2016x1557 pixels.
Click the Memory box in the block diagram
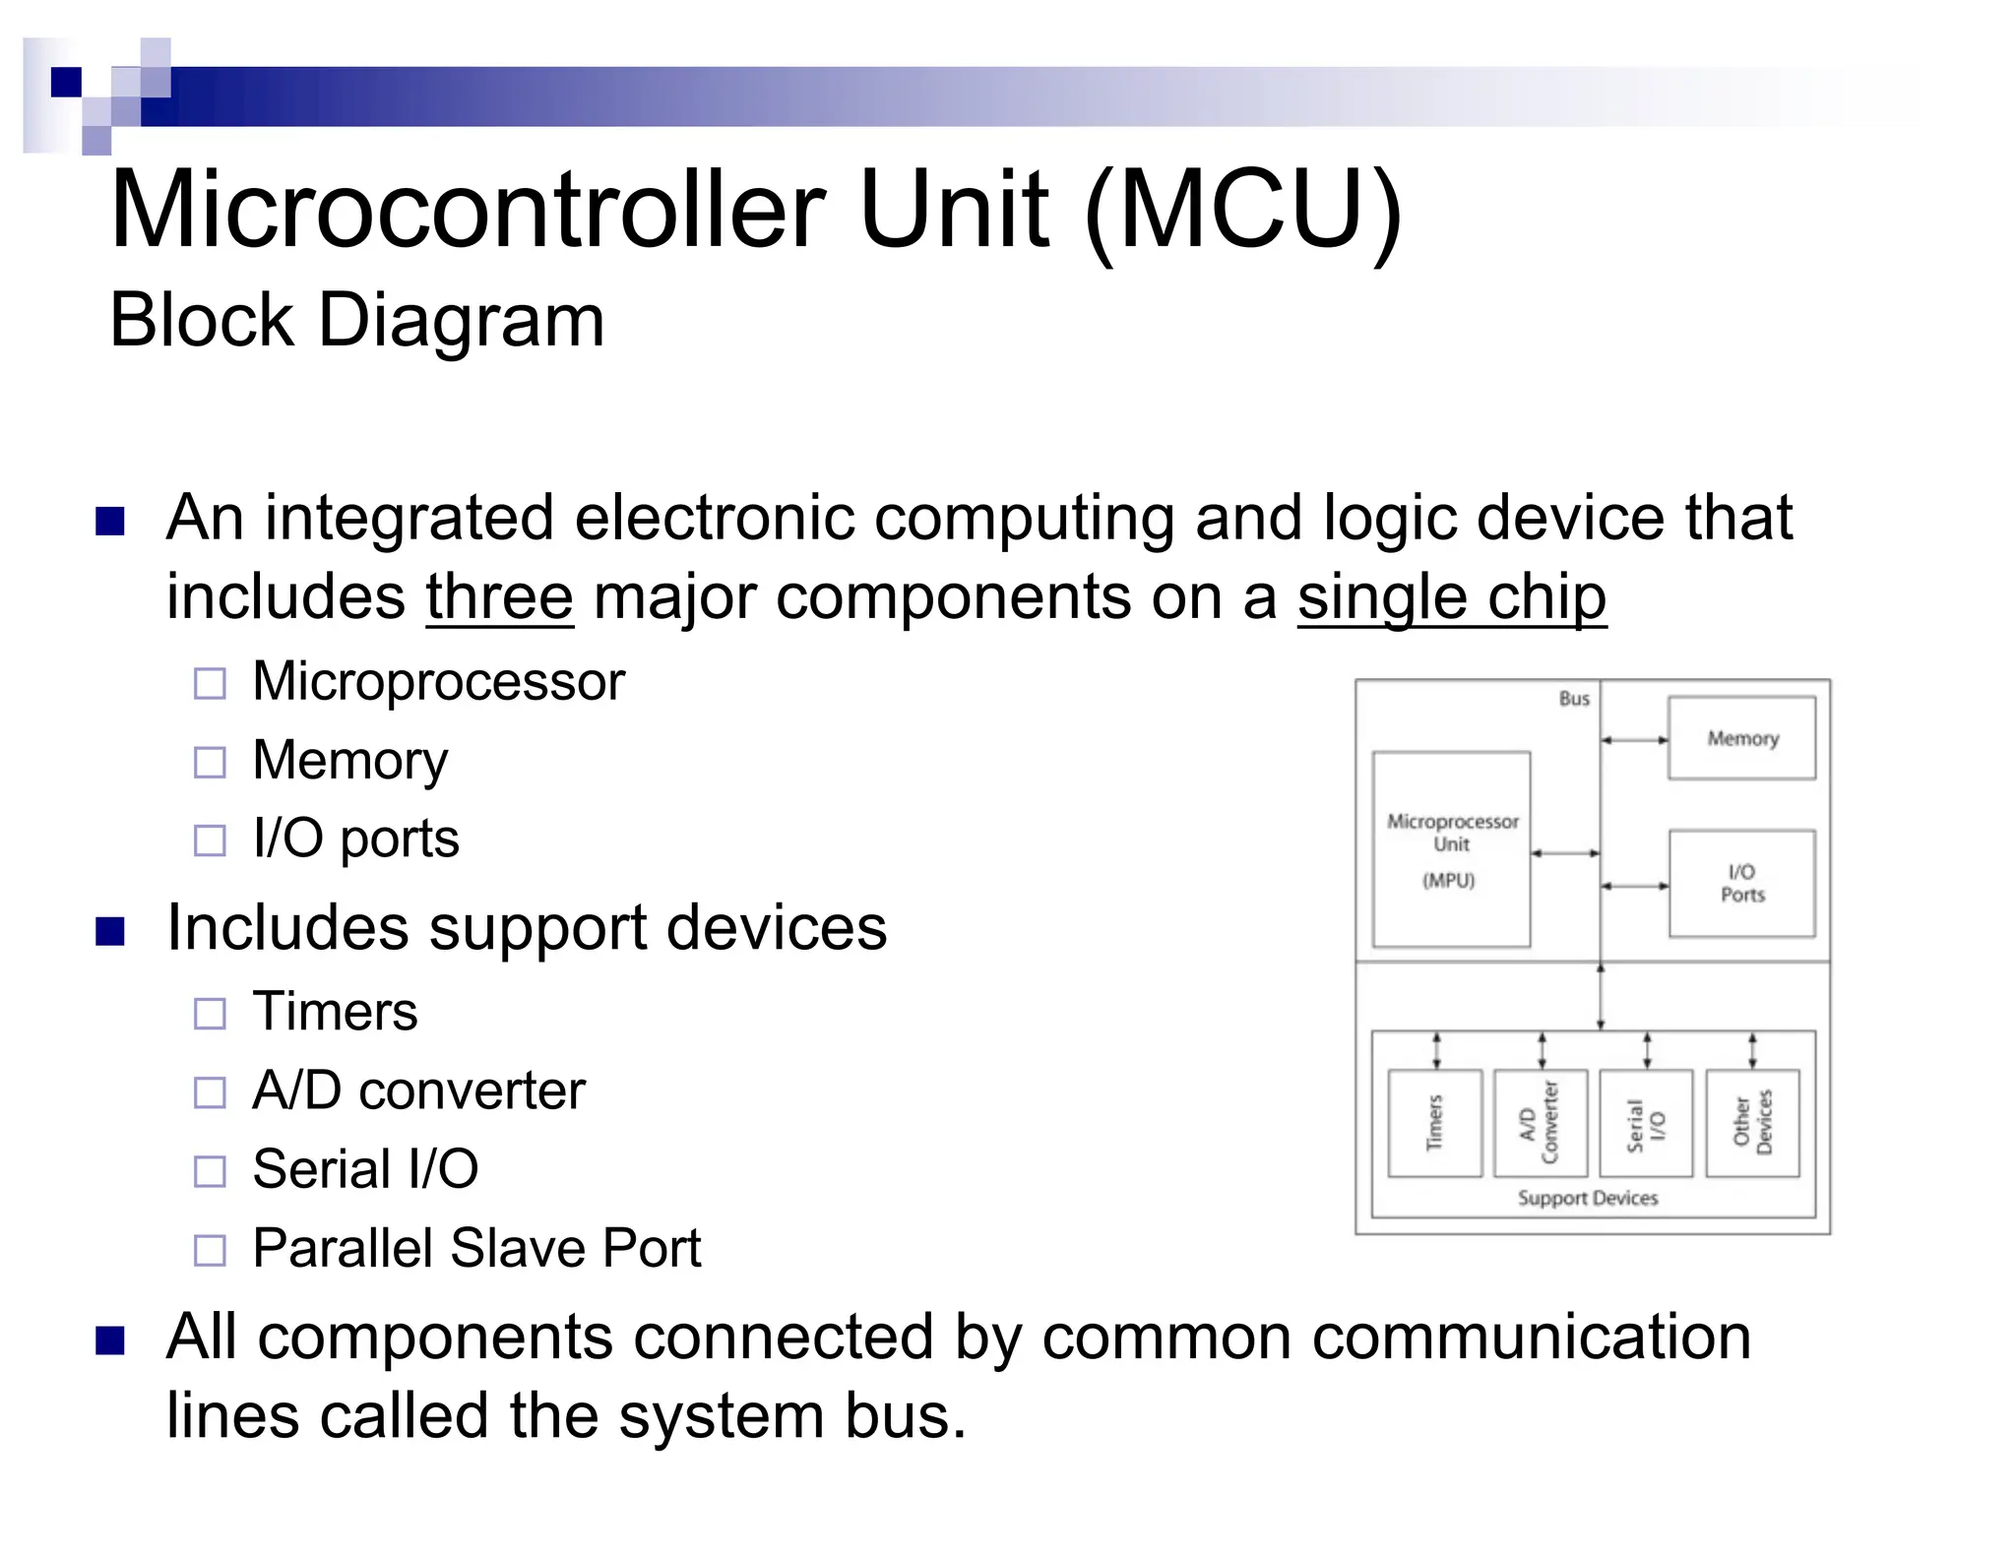pyautogui.click(x=1741, y=738)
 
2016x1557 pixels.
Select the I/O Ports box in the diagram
pyautogui.click(x=1741, y=883)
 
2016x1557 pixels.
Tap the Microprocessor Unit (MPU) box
pyautogui.click(x=1451, y=848)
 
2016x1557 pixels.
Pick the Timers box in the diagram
pyautogui.click(x=1434, y=1123)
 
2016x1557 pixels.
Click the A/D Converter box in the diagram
pyautogui.click(x=1540, y=1123)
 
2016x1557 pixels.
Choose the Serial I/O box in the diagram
pyautogui.click(x=1646, y=1123)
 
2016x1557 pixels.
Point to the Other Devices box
pyautogui.click(x=1752, y=1123)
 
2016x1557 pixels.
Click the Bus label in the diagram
pyautogui.click(x=1574, y=699)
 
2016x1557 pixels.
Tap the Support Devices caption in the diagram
pyautogui.click(x=1587, y=1198)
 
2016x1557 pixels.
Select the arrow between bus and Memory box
pyautogui.click(x=1634, y=740)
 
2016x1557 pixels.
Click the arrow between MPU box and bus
pyautogui.click(x=1565, y=853)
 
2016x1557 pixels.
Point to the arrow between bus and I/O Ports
pyautogui.click(x=1634, y=886)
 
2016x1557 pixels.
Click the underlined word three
pyautogui.click(x=499, y=597)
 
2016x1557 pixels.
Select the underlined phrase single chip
pyautogui.click(x=1451, y=597)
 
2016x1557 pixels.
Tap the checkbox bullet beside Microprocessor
pyautogui.click(x=210, y=683)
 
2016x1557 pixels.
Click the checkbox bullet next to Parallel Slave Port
pyautogui.click(x=210, y=1250)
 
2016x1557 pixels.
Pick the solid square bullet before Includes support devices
pyautogui.click(x=110, y=930)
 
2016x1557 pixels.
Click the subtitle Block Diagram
pyautogui.click(x=356, y=320)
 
